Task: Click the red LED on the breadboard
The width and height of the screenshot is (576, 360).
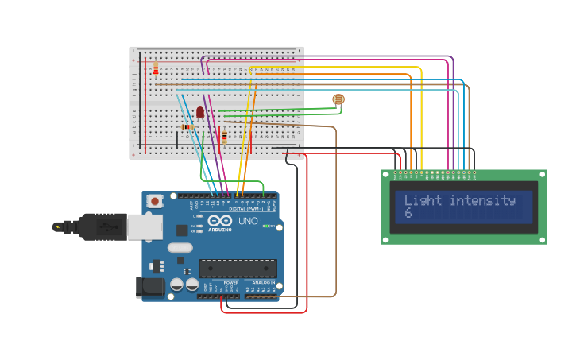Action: click(200, 113)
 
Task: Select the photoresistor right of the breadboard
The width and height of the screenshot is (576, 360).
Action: click(338, 99)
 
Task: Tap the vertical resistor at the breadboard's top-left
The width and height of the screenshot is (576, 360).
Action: click(156, 69)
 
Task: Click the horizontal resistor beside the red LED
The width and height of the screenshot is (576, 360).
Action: click(187, 126)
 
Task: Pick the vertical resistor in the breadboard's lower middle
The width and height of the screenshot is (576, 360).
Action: click(224, 137)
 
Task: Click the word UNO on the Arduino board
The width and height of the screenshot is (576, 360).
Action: click(248, 221)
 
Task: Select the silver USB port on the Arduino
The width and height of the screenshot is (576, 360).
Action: click(145, 226)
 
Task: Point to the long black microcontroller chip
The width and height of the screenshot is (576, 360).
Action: click(238, 269)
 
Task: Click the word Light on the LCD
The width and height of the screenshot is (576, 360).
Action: click(423, 200)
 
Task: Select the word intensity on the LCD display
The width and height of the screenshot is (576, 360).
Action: click(482, 200)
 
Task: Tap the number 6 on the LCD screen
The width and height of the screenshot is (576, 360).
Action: click(408, 214)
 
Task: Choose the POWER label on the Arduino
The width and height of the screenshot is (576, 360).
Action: click(231, 282)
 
